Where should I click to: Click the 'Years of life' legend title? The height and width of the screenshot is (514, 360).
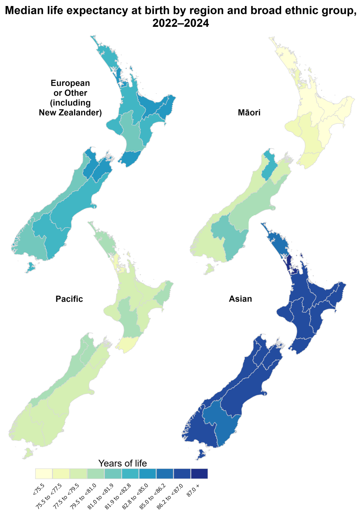122,463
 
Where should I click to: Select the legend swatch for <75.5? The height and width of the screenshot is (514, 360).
44,474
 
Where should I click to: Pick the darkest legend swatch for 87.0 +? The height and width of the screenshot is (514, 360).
199,474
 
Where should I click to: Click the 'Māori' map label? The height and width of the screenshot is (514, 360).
249,113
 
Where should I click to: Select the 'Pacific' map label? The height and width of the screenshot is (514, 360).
69,299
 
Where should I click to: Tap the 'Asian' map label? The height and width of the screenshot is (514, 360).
240,299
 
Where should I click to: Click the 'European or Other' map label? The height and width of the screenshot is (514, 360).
70,98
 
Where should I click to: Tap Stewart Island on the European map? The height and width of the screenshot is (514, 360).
29,267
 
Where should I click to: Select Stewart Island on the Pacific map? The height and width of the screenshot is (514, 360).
28,453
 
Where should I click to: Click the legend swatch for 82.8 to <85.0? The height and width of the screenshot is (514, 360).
147,474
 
